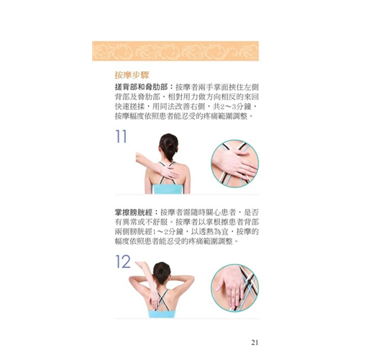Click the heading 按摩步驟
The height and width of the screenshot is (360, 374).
coord(132,75)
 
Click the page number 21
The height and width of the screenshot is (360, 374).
coord(255,343)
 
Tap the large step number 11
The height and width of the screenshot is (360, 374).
coord(121,136)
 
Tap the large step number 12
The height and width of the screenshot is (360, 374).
coord(123,261)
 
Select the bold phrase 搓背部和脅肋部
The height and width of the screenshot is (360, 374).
coord(141,87)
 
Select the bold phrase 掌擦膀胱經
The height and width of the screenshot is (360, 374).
coord(134,212)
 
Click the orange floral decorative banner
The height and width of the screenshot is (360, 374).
coord(175,51)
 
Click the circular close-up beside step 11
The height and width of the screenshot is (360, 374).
coord(234,163)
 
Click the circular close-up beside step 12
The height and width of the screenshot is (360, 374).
coord(234,288)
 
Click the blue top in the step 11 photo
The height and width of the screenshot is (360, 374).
coord(168,189)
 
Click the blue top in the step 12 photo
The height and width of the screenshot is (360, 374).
coord(162,314)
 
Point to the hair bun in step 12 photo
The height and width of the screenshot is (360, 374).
coord(162,273)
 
